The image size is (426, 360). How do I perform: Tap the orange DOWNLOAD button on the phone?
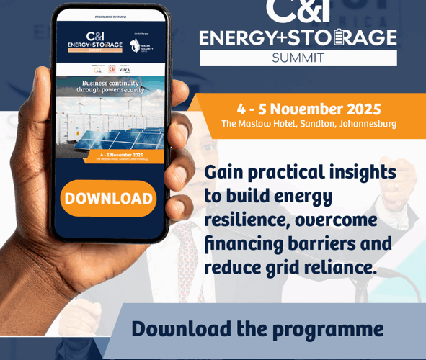point(108,199)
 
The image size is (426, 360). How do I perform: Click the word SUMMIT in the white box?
point(298,57)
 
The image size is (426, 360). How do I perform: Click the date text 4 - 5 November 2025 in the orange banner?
point(309,109)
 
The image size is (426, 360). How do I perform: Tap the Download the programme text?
point(257,329)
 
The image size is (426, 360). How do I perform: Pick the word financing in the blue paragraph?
point(245,243)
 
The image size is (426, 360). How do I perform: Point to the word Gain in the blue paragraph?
point(224,172)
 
